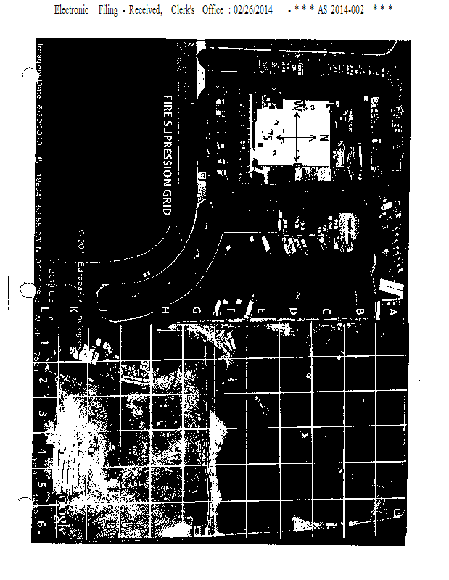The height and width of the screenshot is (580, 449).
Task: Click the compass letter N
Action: pos(324,137)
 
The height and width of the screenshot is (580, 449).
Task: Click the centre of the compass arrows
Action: pos(296,137)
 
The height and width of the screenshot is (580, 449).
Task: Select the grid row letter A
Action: pos(392,312)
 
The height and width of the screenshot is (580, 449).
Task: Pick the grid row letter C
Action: pos(326,312)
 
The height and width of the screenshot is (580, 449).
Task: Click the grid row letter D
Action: pos(293,312)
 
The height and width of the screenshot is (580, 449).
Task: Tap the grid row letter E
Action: pos(261,312)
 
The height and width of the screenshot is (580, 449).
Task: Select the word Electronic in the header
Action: pos(71,9)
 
